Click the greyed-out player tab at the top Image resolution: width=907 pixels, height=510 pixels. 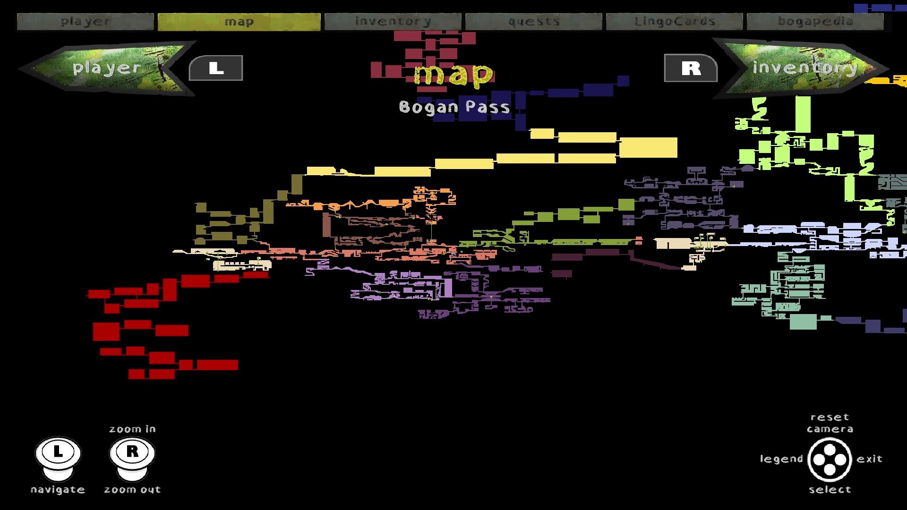(x=86, y=22)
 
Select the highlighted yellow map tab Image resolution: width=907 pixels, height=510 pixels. (x=239, y=22)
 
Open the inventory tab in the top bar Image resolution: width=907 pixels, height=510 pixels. (x=393, y=22)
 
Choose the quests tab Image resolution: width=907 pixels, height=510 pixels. (x=533, y=22)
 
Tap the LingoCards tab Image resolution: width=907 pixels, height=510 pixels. (x=674, y=22)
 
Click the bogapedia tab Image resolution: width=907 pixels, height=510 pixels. (x=815, y=22)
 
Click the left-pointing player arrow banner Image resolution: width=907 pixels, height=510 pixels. (x=107, y=68)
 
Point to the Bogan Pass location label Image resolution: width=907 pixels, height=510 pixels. (x=454, y=107)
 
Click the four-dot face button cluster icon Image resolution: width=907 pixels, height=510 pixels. (x=830, y=459)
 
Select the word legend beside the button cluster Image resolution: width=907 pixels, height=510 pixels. (x=781, y=459)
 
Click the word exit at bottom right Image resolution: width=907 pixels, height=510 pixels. (x=869, y=459)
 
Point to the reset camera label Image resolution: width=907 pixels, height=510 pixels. (x=830, y=423)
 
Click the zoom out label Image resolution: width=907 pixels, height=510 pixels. (x=132, y=490)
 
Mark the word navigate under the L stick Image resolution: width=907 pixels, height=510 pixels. (x=58, y=490)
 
